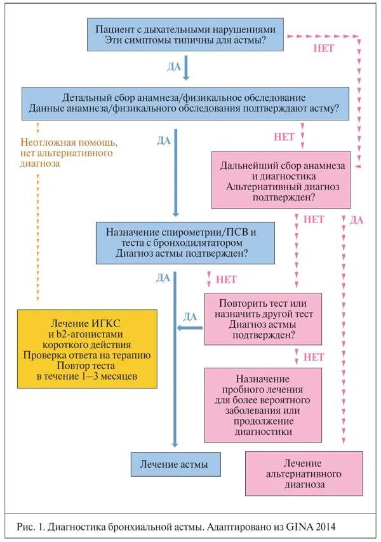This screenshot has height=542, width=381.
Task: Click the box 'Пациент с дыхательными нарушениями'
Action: point(186,35)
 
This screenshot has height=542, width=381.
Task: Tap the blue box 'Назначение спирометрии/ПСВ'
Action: point(186,243)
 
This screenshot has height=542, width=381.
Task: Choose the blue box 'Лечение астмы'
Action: point(178,465)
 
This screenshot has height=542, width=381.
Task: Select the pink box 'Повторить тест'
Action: point(263,318)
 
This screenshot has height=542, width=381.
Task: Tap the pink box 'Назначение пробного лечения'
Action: point(263,404)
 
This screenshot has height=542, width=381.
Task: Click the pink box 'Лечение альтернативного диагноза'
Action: point(304,474)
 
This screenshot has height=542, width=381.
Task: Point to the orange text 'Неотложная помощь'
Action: point(69,142)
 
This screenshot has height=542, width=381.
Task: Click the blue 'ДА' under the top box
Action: point(174,66)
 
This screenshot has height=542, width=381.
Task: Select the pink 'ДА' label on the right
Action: point(357,220)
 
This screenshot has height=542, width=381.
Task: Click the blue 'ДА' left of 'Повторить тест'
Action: point(190,316)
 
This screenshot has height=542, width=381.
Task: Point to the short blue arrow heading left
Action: point(189,328)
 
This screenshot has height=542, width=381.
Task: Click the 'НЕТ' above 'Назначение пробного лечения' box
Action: point(314,357)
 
